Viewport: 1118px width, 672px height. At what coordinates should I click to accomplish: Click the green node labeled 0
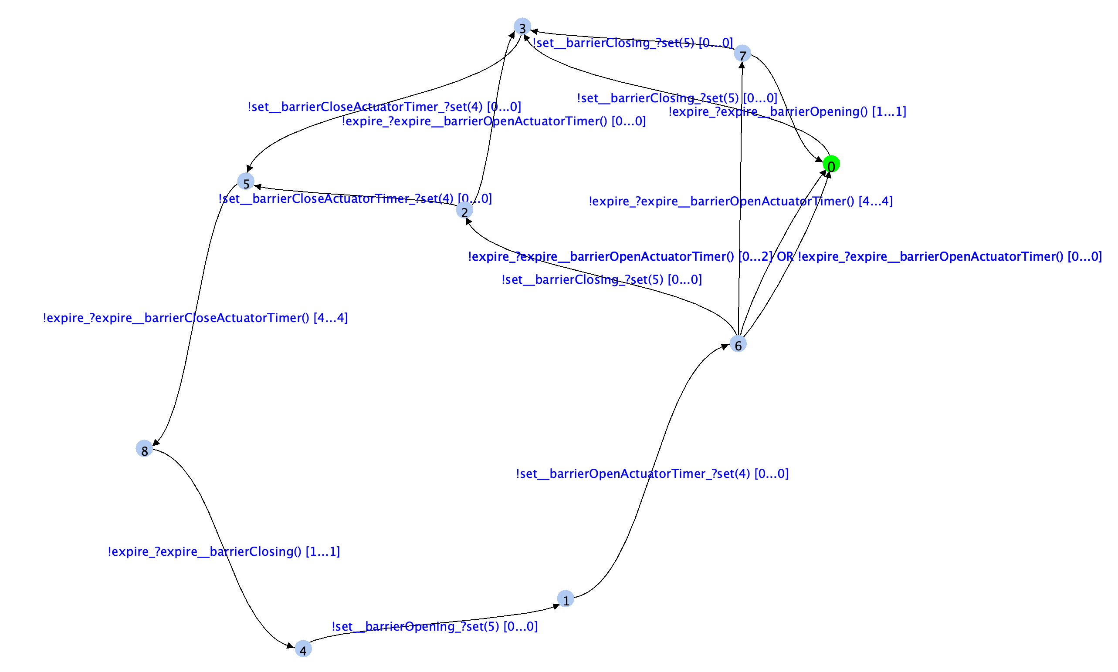(x=831, y=164)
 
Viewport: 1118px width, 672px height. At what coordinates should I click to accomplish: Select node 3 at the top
(x=522, y=27)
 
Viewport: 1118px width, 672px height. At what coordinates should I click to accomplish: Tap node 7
(x=742, y=54)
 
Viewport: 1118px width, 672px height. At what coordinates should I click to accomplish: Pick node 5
(x=246, y=181)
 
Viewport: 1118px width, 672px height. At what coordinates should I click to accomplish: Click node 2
(x=464, y=211)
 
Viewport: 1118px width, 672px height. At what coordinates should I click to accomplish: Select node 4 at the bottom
(x=303, y=649)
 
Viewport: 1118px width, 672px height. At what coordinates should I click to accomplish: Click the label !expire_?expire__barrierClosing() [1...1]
(x=224, y=551)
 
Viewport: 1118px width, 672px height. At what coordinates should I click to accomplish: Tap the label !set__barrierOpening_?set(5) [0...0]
(x=434, y=626)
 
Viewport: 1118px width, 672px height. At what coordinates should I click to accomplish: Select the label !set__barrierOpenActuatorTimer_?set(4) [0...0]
(x=652, y=474)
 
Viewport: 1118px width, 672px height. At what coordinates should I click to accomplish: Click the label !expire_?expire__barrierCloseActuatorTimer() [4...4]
(x=195, y=318)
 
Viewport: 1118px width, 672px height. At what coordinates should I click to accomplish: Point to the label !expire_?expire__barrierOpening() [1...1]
(x=787, y=111)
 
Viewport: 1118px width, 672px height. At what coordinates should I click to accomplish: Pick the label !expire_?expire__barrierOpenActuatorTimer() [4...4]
(x=740, y=201)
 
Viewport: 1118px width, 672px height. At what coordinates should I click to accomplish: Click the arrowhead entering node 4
(x=291, y=646)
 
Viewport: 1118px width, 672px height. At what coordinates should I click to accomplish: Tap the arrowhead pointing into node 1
(x=556, y=606)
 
